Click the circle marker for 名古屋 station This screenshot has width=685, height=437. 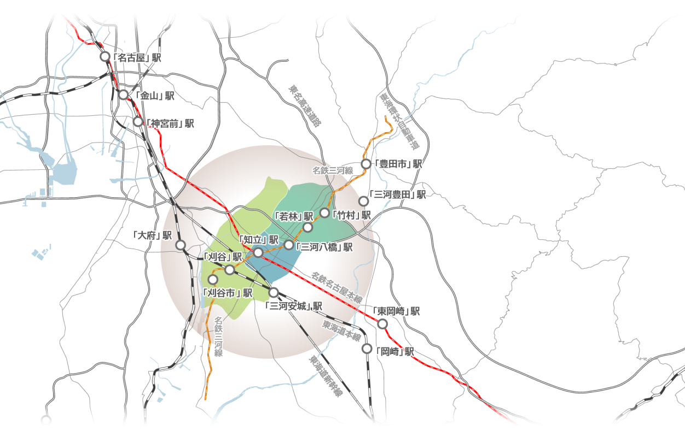pos(105,56)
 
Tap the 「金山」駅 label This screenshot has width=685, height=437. pos(154,96)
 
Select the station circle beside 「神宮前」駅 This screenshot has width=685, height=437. pos(138,121)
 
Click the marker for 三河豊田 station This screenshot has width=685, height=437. pos(363,201)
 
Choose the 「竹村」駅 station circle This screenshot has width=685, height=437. pos(324,212)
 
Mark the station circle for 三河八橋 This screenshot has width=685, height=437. pos(289,244)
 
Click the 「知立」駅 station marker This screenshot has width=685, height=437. pos(258,252)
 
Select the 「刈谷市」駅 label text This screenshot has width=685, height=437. pos(228,293)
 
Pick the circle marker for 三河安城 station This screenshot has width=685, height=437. pos(274,292)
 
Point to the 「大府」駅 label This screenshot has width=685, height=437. pos(153,235)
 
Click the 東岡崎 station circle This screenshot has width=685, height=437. pos(382,324)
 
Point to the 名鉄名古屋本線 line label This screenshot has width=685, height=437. pos(337,288)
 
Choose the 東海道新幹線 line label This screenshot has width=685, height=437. pos(326,377)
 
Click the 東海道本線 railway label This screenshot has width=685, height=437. pos(341,331)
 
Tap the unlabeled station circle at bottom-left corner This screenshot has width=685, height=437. pos(46,420)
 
